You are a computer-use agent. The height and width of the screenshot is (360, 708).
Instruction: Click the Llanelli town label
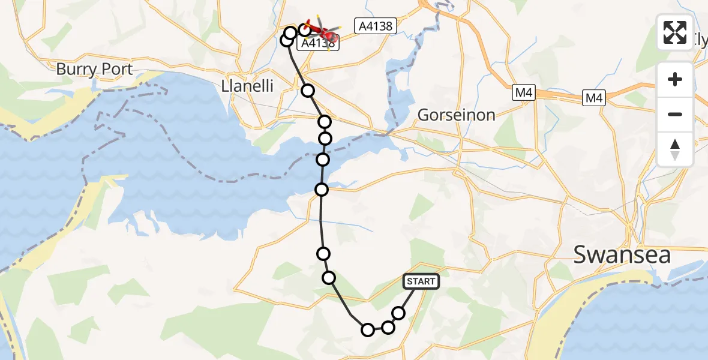tap(247, 86)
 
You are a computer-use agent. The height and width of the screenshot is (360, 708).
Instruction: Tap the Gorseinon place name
tap(456, 115)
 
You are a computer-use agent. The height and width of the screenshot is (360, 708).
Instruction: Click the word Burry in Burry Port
tap(74, 70)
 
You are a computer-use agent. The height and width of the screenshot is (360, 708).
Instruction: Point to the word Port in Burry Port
tap(115, 70)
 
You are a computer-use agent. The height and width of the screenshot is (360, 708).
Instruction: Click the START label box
tap(421, 281)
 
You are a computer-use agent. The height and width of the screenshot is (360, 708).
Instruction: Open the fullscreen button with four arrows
tap(675, 32)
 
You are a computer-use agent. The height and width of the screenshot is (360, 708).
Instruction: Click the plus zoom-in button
tap(675, 79)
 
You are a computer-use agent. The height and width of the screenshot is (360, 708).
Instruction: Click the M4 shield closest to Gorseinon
tap(522, 93)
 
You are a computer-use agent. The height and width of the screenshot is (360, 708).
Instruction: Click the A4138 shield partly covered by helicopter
tap(317, 43)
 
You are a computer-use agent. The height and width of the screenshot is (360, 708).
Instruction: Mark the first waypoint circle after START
tap(398, 313)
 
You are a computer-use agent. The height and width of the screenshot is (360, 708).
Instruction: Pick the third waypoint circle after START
tap(368, 329)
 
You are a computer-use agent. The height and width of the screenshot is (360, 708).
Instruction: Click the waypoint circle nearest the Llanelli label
tap(308, 91)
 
